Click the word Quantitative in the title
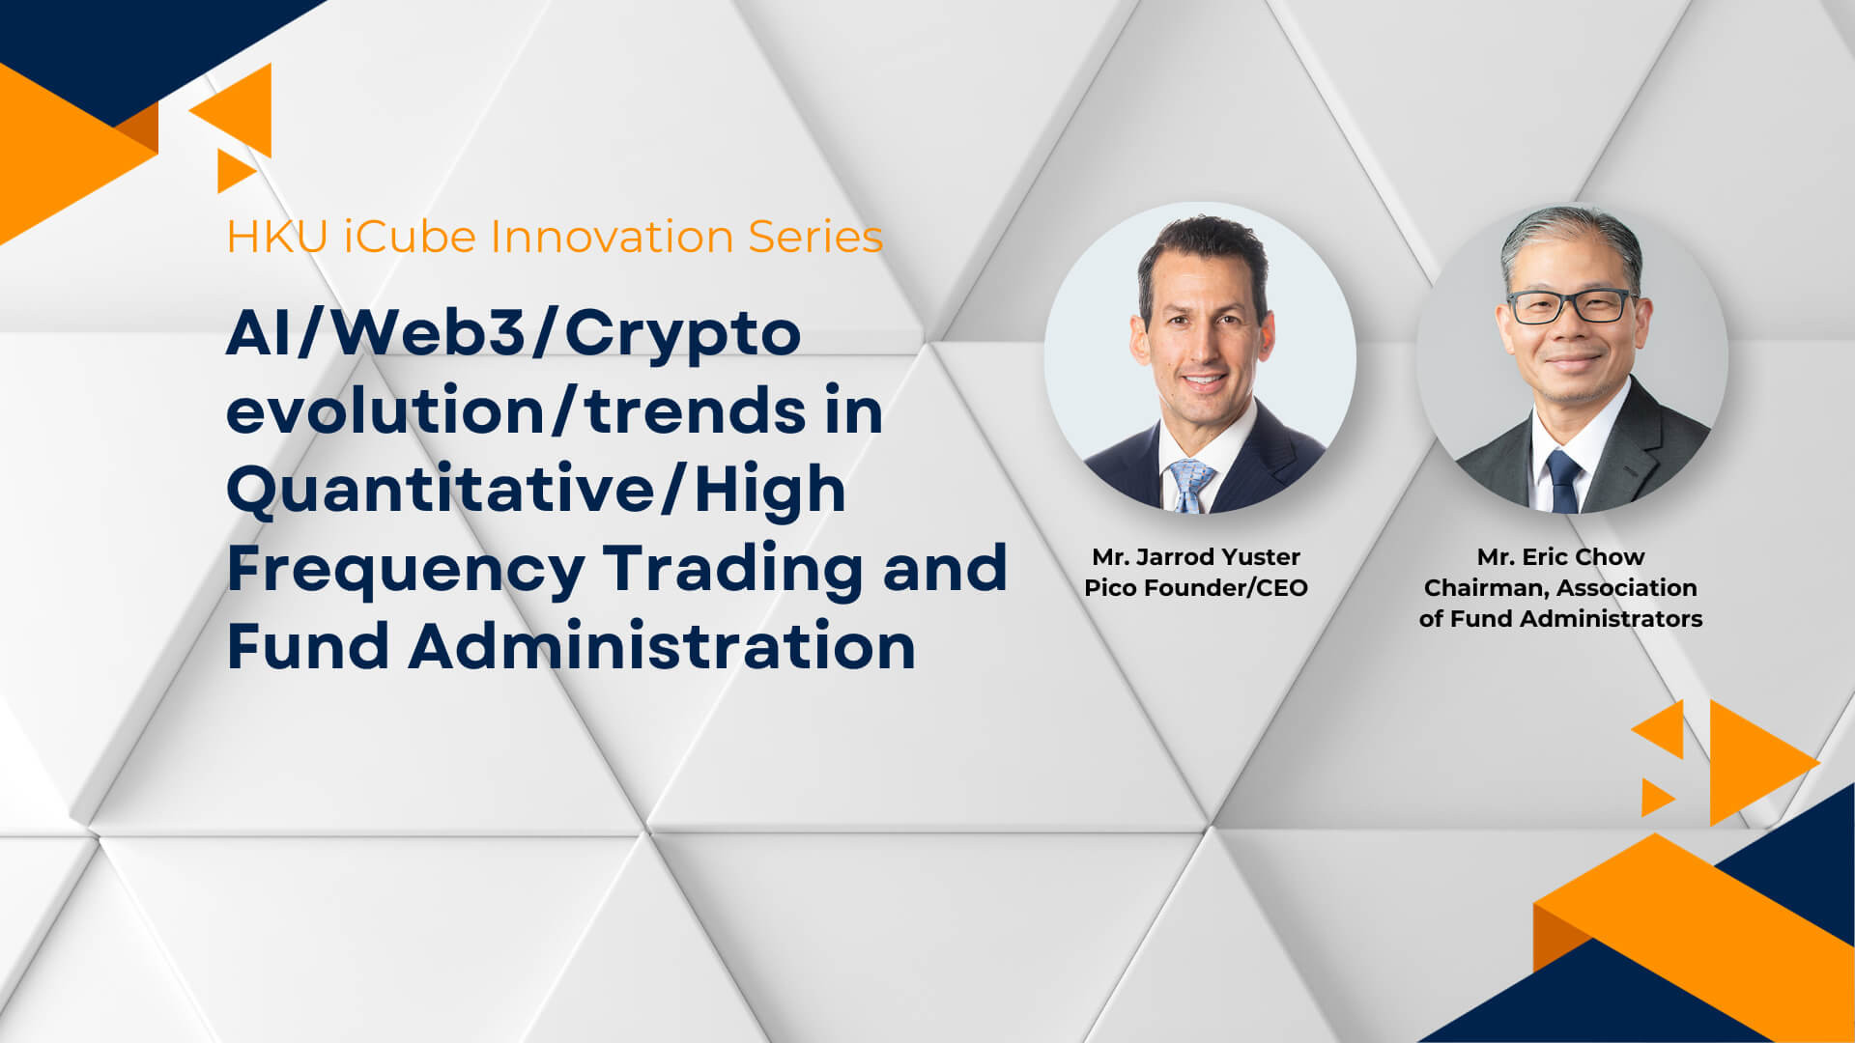pos(440,491)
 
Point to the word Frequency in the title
pos(406,570)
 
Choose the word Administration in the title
pos(662,646)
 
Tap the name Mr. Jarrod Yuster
pos(1196,557)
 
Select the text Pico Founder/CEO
pos(1196,588)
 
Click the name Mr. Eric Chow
pos(1560,557)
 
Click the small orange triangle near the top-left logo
pos(233,171)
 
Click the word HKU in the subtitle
pos(277,237)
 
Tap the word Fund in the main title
pos(308,646)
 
